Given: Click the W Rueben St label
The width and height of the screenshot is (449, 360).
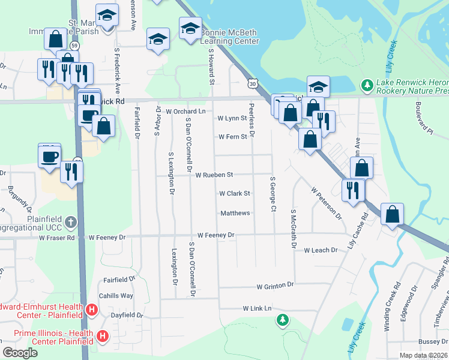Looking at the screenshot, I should [x=214, y=175].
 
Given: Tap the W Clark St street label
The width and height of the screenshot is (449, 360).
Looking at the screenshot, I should [x=234, y=194].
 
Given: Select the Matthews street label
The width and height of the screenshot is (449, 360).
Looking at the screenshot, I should [x=235, y=213].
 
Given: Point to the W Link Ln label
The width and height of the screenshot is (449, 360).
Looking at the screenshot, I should [x=258, y=308].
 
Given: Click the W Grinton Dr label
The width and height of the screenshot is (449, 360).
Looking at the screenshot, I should [x=275, y=286].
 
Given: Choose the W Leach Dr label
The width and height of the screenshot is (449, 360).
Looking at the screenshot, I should [x=323, y=250].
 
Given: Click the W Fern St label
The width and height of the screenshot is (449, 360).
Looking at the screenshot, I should [x=232, y=137].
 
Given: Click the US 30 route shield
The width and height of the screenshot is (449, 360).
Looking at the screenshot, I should [x=253, y=85].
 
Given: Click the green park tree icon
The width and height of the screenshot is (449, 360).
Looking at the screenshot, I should [x=283, y=320].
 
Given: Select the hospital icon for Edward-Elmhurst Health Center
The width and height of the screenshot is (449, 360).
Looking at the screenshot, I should [x=92, y=310].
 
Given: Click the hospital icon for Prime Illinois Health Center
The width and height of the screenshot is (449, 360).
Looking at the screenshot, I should [x=103, y=336].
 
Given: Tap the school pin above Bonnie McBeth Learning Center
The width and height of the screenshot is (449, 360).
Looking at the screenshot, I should [x=190, y=28].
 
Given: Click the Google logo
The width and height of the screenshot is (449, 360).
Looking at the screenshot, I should [x=20, y=353].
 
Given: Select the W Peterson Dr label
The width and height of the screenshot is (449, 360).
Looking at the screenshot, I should [x=326, y=203].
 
